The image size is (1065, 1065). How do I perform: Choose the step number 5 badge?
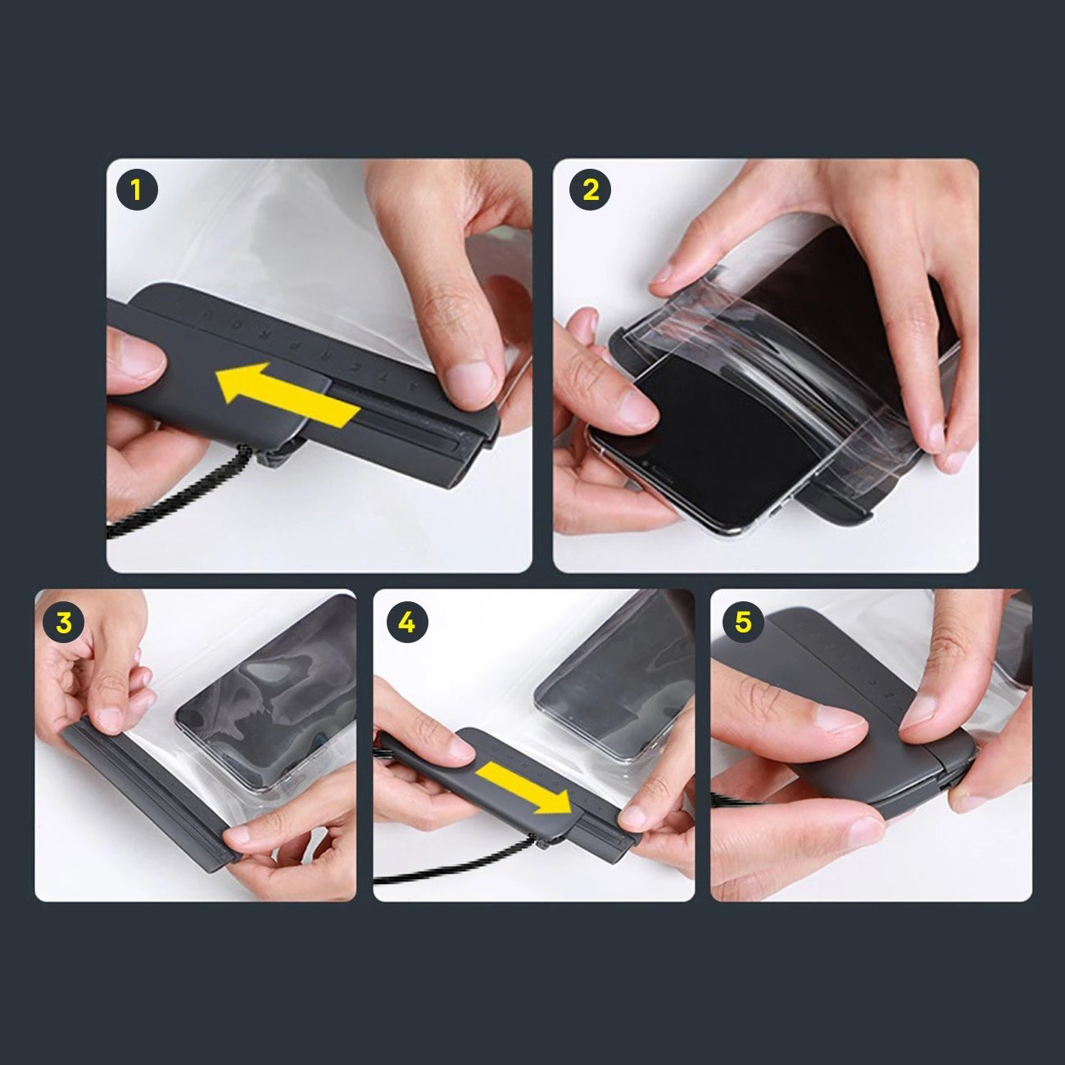(x=743, y=623)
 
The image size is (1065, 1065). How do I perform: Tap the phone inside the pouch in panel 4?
(x=614, y=680)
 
